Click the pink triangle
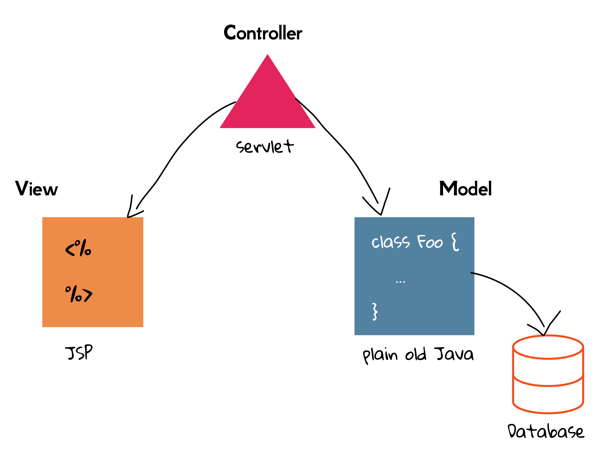click(267, 101)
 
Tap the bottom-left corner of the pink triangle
click(220, 127)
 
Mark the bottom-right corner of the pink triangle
click(315, 127)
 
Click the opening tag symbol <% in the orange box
click(78, 248)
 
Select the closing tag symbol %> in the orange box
click(79, 294)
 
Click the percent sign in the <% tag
click(83, 248)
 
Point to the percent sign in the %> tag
click(73, 294)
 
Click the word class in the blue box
click(390, 242)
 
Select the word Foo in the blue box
click(430, 242)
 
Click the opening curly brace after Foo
click(455, 242)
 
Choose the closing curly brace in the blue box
click(375, 311)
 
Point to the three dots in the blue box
click(400, 282)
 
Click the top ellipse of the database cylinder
click(548, 347)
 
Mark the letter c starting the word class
click(375, 243)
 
